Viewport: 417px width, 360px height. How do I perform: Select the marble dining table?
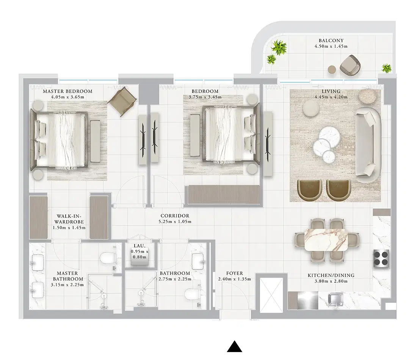(326, 239)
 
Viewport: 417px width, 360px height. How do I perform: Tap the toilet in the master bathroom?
(107, 259)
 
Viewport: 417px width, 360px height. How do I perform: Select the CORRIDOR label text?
(175, 216)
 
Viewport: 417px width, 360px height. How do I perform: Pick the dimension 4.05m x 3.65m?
(67, 97)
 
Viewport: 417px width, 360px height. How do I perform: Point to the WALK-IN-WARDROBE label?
(69, 218)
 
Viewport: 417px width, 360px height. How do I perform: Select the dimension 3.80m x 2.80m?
(331, 281)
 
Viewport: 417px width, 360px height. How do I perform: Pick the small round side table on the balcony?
(332, 69)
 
